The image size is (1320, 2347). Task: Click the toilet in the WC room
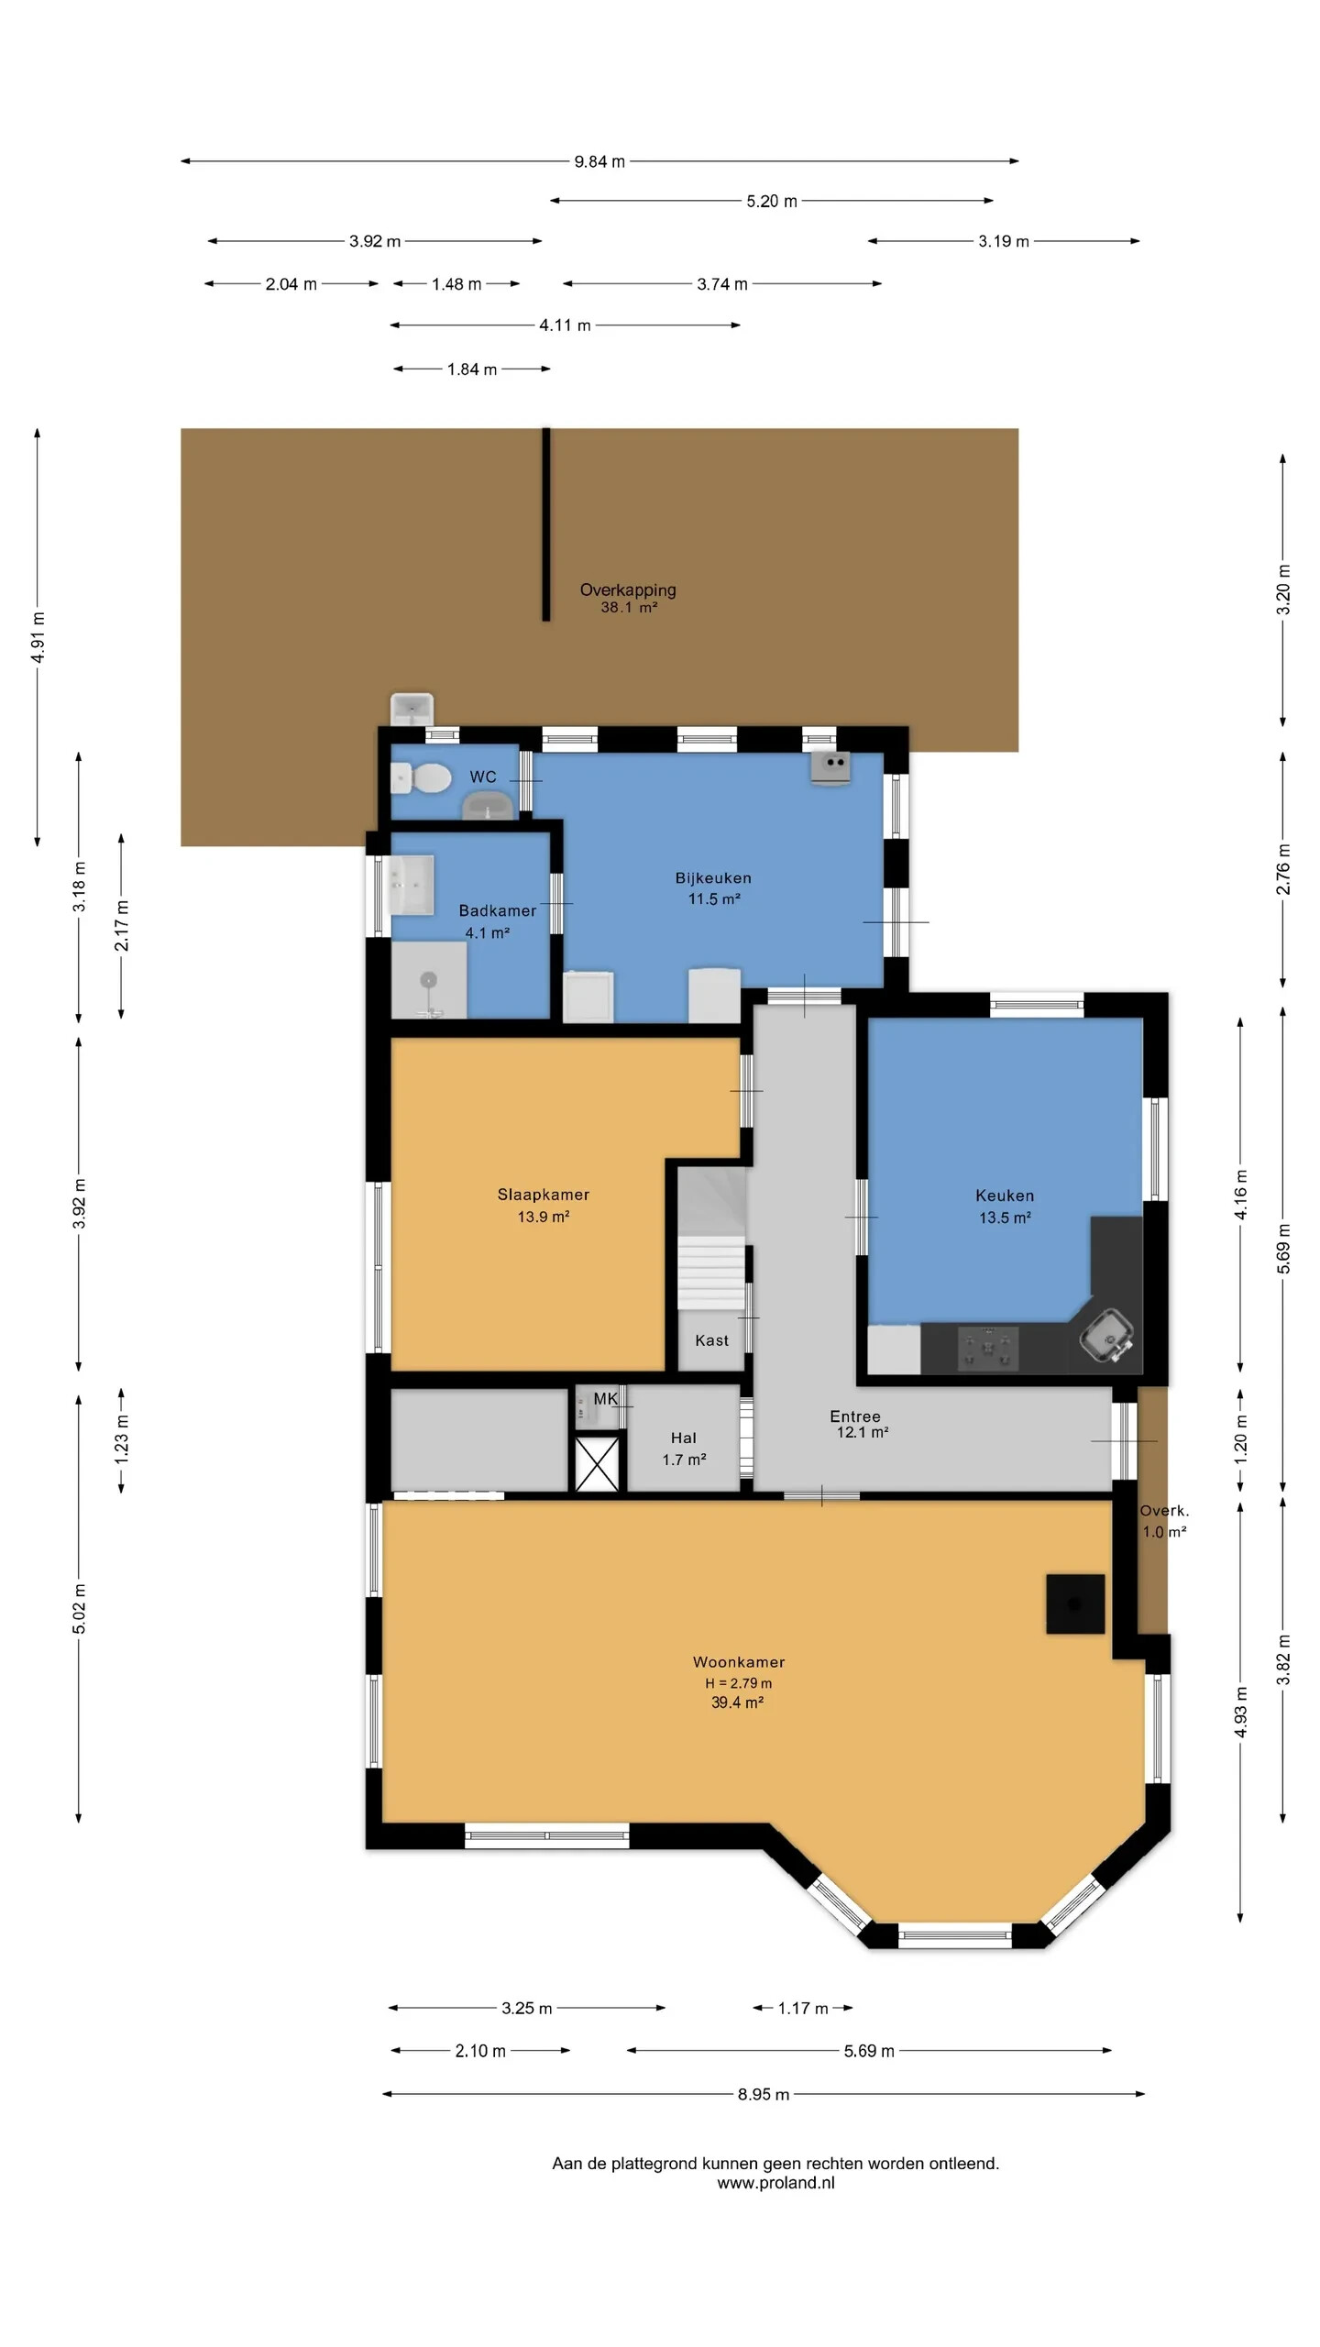click(422, 778)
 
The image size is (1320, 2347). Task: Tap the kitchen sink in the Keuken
click(1107, 1336)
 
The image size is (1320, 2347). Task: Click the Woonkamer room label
click(739, 1662)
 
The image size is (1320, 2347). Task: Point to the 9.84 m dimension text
click(599, 161)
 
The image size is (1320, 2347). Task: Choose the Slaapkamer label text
click(544, 1195)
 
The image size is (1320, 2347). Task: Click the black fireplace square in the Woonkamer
click(1075, 1603)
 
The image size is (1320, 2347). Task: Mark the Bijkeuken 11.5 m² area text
click(714, 899)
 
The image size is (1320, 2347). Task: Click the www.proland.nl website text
click(775, 2183)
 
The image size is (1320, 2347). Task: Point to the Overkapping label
click(628, 590)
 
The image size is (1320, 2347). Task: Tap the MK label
click(606, 1398)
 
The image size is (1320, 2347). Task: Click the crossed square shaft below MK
click(597, 1464)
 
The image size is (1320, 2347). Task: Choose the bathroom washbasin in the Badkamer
click(412, 885)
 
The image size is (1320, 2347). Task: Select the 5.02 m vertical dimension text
click(80, 1608)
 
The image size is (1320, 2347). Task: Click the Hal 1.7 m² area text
click(684, 1460)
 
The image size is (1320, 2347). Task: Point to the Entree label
click(855, 1416)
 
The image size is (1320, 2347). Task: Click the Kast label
click(712, 1340)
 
